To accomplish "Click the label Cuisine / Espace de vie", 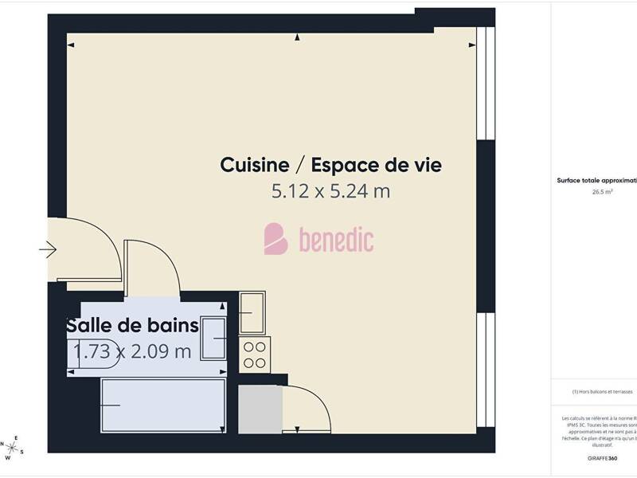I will (330, 165).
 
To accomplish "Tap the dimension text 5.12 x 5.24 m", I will (330, 191).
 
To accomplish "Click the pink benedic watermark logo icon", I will (276, 239).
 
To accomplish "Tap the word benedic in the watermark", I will (336, 240).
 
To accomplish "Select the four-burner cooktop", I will (255, 354).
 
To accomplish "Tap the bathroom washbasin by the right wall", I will (215, 339).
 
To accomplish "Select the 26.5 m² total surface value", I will (601, 192).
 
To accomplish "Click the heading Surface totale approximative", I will (597, 181).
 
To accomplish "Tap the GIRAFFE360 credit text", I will (602, 458).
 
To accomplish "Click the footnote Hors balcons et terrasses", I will (602, 391).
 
